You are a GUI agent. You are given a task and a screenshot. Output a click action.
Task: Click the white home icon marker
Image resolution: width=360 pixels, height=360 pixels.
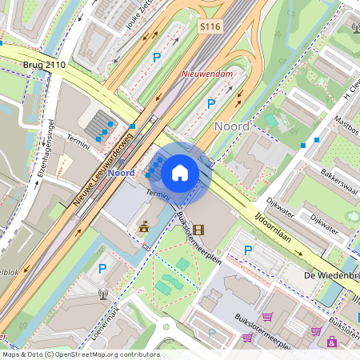coord(180,172)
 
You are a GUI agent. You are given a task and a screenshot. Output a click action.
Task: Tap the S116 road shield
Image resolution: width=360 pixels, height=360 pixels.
coord(210,27)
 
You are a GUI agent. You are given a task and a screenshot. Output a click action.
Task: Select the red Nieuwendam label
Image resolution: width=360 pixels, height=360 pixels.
coord(207,74)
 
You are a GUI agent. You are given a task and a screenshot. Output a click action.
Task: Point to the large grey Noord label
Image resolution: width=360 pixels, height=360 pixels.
coord(233,126)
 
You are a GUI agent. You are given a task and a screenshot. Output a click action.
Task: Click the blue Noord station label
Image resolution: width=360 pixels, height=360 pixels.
coord(121,173)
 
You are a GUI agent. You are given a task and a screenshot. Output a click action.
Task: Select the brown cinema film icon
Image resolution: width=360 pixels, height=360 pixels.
coord(198,230)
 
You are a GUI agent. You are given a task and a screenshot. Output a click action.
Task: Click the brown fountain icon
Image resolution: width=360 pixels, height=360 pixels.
coord(144,227)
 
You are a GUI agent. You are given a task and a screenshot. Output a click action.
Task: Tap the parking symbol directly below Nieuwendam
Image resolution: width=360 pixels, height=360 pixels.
coord(211,103)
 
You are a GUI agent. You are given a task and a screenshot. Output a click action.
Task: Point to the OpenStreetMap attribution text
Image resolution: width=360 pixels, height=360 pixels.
coord(80,354)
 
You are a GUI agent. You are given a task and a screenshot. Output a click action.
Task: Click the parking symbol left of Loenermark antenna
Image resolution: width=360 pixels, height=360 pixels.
coord(101,270)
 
